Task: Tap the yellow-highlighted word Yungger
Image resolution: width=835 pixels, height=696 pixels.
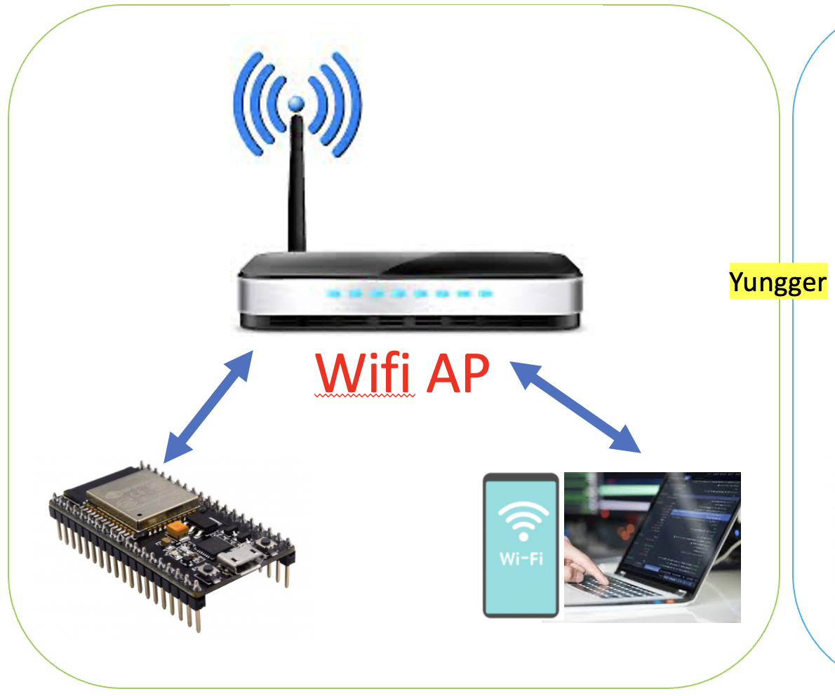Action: point(777,282)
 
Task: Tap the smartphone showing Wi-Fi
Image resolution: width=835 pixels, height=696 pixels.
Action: point(521,544)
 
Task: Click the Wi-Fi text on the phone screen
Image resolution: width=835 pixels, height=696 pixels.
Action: point(522,559)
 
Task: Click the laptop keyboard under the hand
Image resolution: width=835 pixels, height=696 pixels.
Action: point(617,589)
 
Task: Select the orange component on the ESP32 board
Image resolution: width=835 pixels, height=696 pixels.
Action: point(178,528)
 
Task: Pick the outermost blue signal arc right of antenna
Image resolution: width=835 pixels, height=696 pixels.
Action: point(350,105)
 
